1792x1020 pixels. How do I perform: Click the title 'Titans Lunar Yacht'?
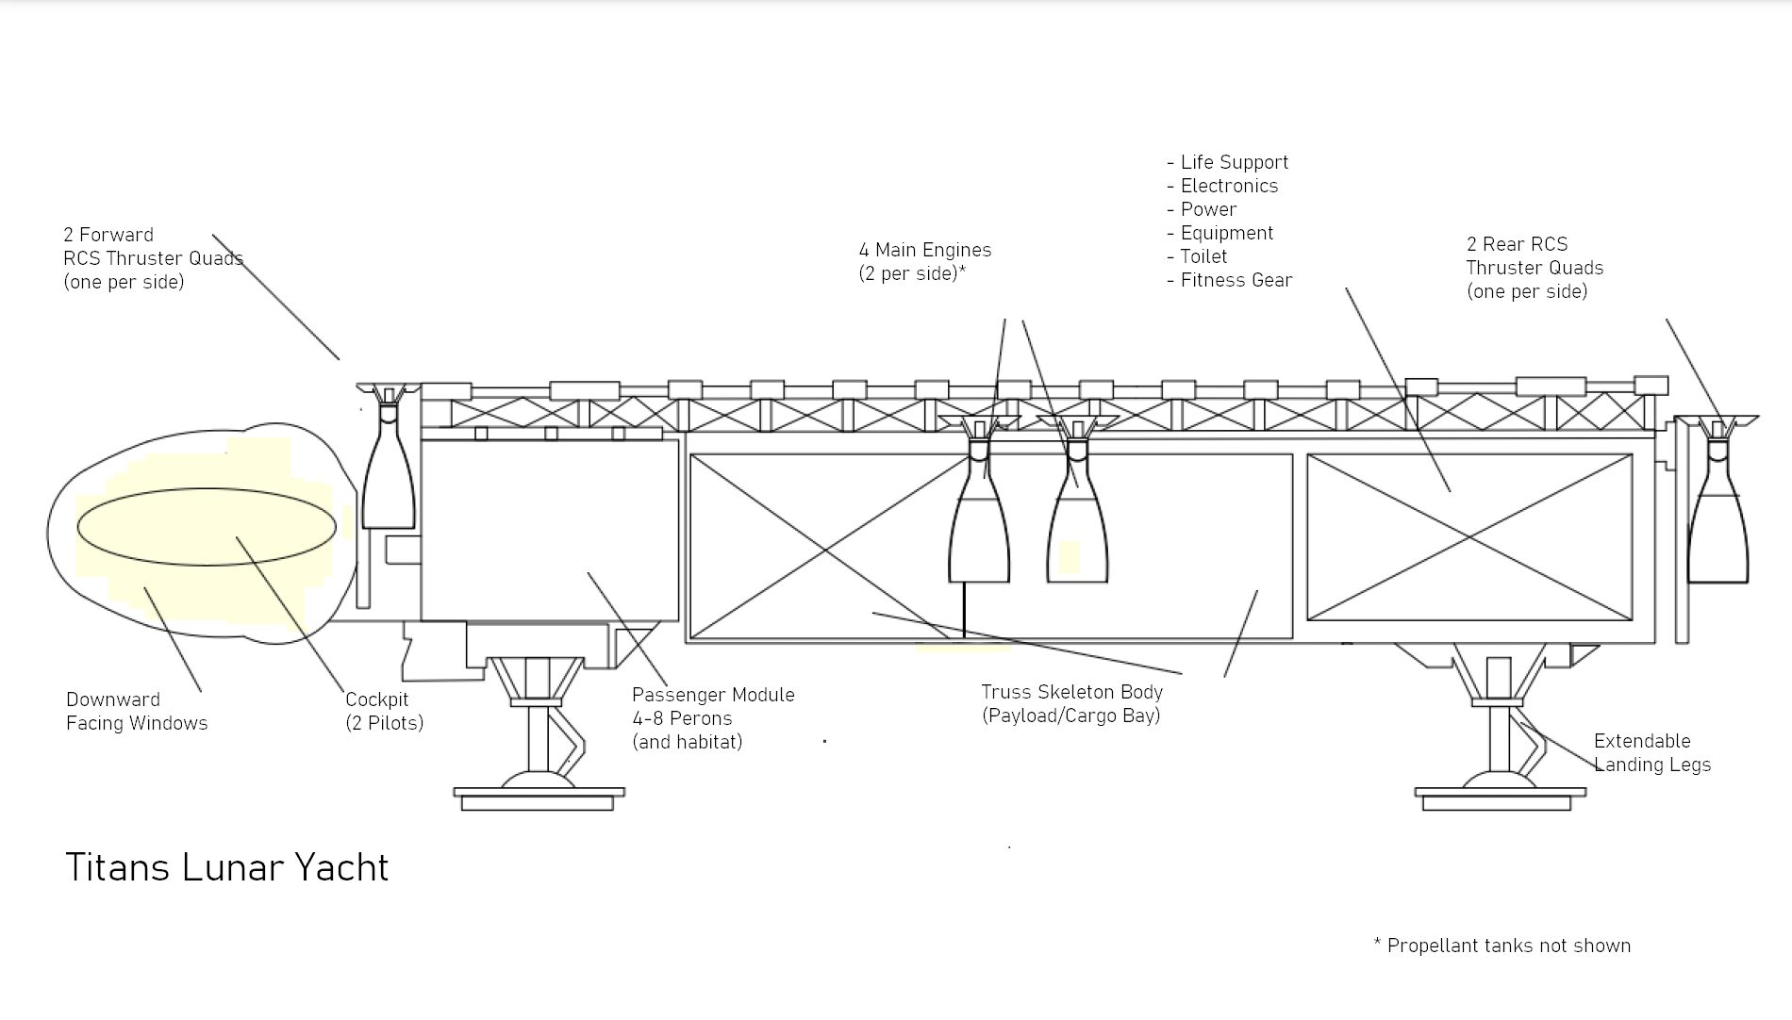tap(226, 867)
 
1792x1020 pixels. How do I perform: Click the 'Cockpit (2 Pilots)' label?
tap(384, 711)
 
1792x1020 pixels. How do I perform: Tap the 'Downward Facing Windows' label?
tap(137, 711)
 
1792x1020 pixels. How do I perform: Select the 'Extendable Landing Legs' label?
tap(1651, 752)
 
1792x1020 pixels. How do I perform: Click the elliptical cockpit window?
tap(206, 526)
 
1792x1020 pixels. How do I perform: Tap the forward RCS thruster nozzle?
tap(389, 481)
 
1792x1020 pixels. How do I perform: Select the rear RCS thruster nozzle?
tap(1717, 528)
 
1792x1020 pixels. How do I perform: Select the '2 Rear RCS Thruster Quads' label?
tap(1534, 268)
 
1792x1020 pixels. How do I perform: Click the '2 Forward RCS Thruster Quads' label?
tap(153, 258)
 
